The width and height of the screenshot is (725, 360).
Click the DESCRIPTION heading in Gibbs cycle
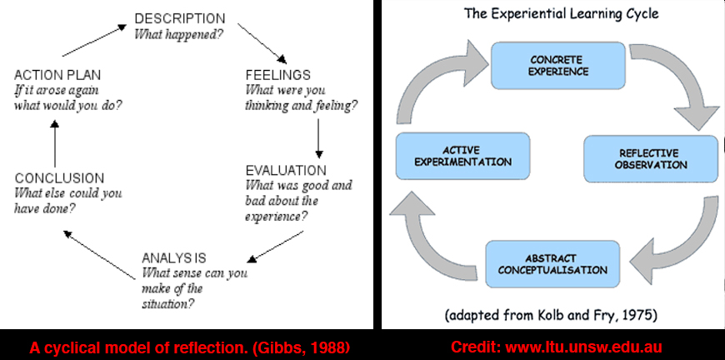[x=180, y=18]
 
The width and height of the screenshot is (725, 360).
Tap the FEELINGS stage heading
[x=277, y=75]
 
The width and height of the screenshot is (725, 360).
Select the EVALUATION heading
[x=286, y=171]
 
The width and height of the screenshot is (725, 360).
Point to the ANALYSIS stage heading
[x=174, y=257]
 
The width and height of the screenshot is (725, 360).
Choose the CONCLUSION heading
[x=60, y=178]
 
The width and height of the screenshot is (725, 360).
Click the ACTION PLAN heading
[x=57, y=75]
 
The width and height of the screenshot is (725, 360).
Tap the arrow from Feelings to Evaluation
[x=318, y=138]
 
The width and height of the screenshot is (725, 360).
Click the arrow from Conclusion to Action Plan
[x=54, y=143]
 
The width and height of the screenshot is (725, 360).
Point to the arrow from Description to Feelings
[x=262, y=43]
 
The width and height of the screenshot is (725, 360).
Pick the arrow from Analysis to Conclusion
[x=99, y=255]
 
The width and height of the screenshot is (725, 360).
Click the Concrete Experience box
[x=558, y=66]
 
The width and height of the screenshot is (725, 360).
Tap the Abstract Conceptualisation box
[x=552, y=264]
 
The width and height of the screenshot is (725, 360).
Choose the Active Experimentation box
[x=462, y=156]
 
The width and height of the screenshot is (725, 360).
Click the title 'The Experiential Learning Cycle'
[x=562, y=13]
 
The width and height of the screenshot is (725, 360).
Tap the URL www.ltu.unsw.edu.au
[x=584, y=347]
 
